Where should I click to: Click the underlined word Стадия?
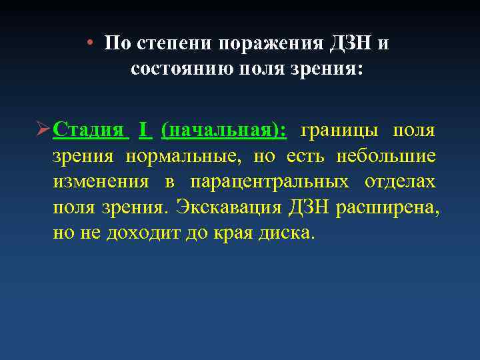(88, 129)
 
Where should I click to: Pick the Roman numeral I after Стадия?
(143, 129)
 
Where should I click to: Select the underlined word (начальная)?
(224, 130)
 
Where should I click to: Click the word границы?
(337, 129)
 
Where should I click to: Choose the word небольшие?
(386, 156)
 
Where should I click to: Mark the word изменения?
(100, 182)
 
